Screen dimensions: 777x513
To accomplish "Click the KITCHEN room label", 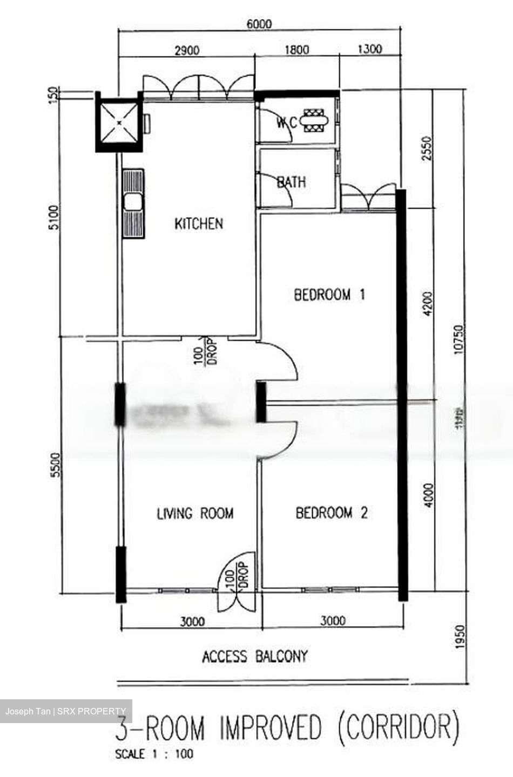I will pos(198,223).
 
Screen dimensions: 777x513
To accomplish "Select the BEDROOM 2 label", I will pos(331,513).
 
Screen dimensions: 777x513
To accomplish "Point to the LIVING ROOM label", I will pos(195,513).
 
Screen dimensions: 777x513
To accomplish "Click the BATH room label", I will pos(291,182).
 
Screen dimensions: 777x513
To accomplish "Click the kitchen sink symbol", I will pos(133,203).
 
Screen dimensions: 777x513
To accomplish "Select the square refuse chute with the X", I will pos(118,122).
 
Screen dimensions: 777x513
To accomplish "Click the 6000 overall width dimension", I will pos(259,24).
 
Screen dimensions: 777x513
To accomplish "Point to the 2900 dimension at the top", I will pos(186,51).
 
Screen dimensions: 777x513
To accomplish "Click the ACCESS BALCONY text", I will pos(255,657).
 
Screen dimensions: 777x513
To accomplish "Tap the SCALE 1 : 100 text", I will pos(154,754).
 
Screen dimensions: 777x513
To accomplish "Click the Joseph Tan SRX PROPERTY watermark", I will pos(65,711).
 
